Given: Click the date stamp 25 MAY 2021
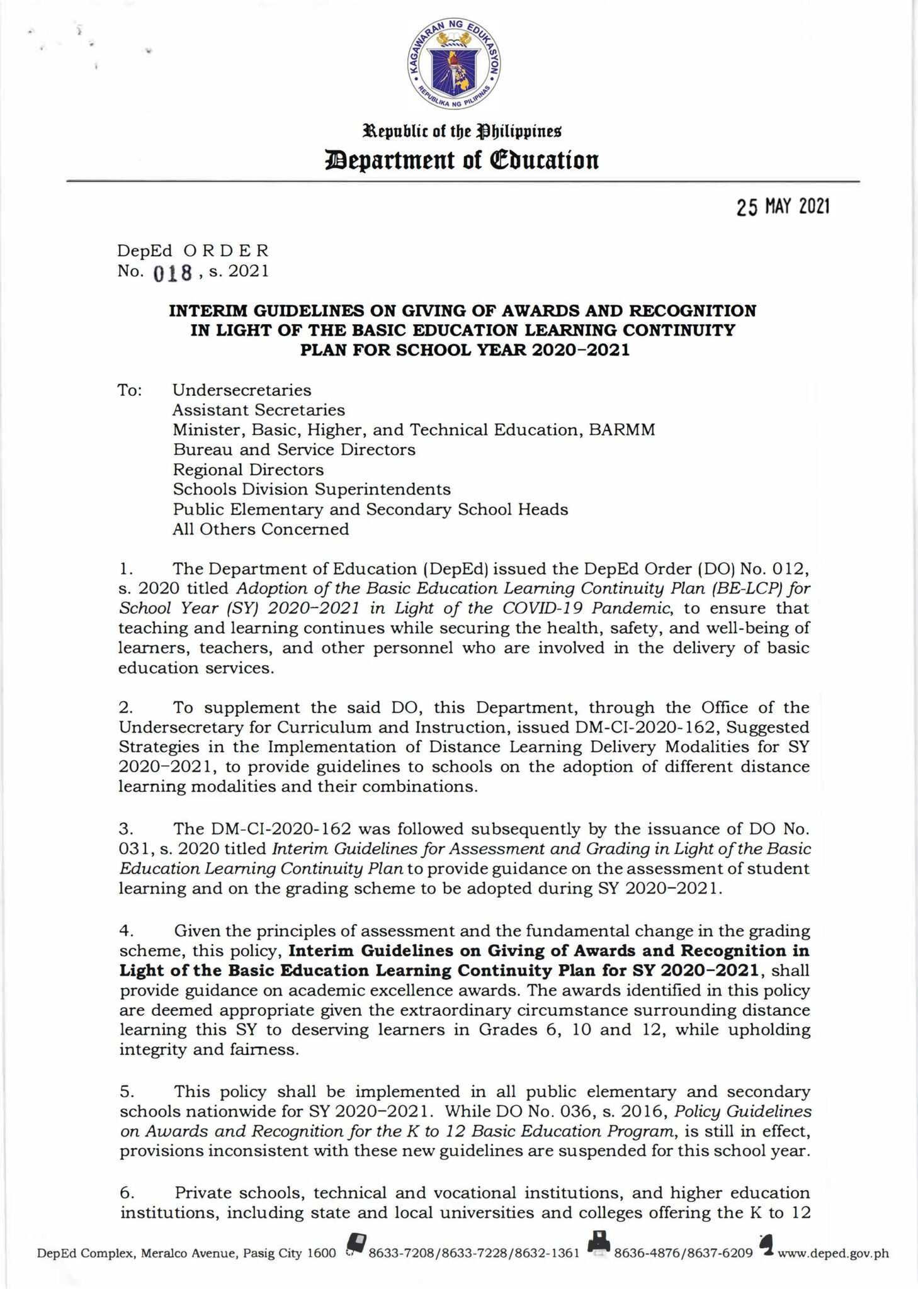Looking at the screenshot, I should (x=783, y=207).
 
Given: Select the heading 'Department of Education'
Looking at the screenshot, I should (x=462, y=160).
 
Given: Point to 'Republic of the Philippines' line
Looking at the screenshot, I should (x=460, y=132).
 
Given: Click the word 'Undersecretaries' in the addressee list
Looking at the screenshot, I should (x=242, y=390).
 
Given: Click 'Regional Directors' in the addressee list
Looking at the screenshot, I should (x=249, y=470).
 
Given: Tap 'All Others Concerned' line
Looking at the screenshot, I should (x=261, y=529).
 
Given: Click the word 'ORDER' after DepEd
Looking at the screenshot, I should (x=226, y=250).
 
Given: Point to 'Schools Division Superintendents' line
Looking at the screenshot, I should (x=312, y=489).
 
